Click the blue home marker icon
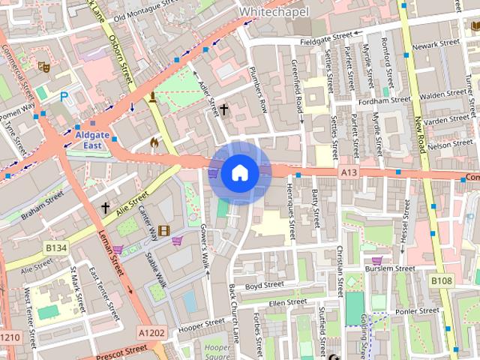238,173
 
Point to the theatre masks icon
43,67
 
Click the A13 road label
348,172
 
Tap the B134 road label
55,247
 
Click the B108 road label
441,280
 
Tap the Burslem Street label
388,268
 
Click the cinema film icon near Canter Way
163,230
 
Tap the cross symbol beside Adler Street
224,110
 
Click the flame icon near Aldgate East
154,140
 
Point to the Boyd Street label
264,285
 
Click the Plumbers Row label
258,95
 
